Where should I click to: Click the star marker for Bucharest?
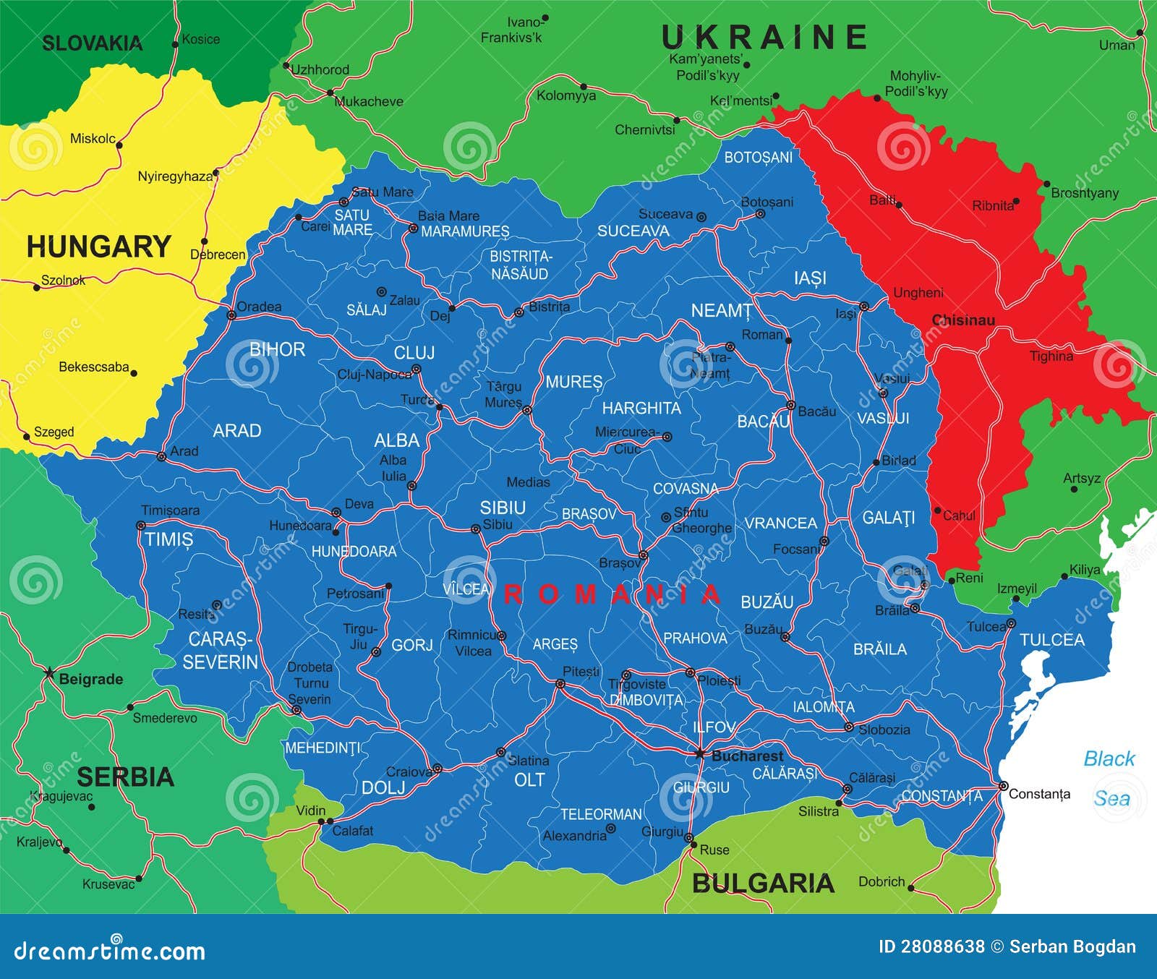point(699,753)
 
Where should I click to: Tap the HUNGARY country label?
point(98,247)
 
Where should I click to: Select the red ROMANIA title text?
point(612,594)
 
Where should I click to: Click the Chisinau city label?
point(963,320)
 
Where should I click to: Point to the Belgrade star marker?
point(48,673)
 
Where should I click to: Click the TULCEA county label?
point(1052,640)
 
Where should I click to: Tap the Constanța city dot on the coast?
point(1003,785)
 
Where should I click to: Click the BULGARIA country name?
point(763,884)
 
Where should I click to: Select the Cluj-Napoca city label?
point(373,375)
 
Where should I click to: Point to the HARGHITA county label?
point(641,409)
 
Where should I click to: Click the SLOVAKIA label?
point(92,43)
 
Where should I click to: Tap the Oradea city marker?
point(231,315)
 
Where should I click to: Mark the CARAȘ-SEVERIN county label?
point(220,651)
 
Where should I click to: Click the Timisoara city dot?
point(141,526)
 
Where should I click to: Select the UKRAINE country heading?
point(764,38)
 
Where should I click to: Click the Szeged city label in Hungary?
point(54,432)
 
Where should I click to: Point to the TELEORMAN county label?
point(601,814)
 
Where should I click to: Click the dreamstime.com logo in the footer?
point(109,950)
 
